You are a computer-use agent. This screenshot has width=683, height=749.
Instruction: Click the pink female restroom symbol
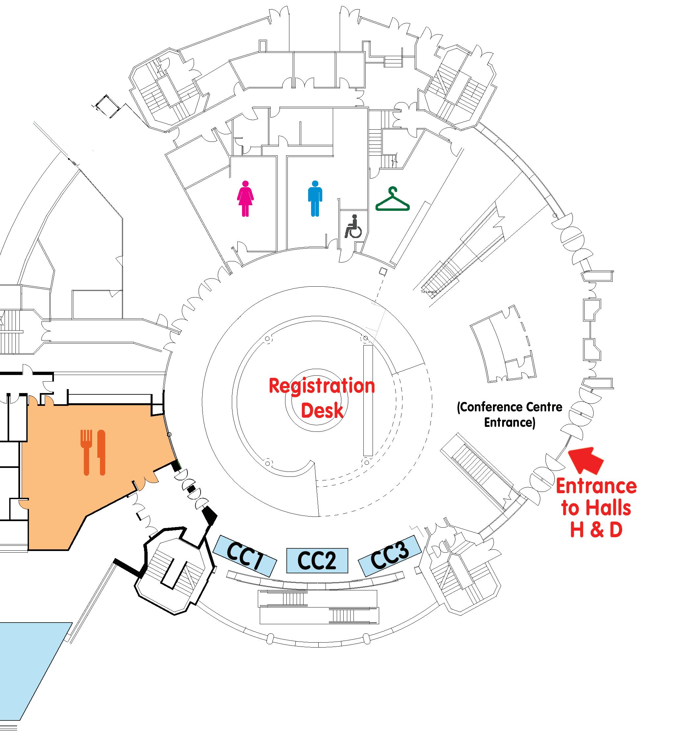coord(245,198)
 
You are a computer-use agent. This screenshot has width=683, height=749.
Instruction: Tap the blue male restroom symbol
coord(315,198)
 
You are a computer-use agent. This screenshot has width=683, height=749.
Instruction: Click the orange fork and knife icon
coord(94,452)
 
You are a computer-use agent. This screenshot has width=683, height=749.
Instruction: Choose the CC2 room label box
coord(317,561)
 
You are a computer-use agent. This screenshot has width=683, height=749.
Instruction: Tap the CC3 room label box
coord(389,556)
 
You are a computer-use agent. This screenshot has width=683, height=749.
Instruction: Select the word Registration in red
coord(322,386)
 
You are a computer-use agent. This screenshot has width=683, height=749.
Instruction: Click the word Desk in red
coord(322,410)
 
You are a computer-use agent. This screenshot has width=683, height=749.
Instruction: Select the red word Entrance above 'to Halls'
coord(596,486)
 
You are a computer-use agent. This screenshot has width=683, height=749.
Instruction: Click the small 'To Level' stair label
coord(428,292)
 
